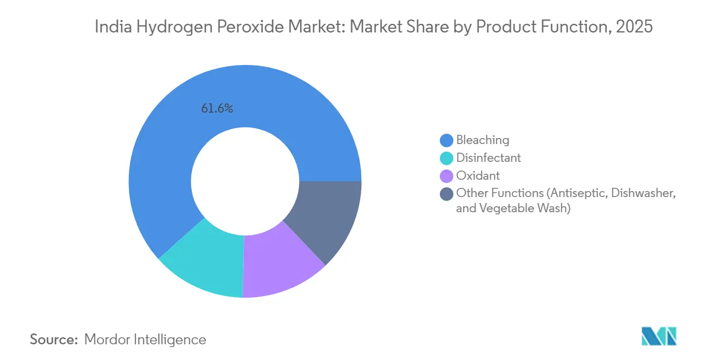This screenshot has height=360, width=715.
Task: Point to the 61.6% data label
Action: tap(217, 109)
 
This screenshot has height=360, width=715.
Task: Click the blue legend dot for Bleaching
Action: tap(446, 141)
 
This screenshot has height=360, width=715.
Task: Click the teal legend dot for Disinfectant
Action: tap(446, 158)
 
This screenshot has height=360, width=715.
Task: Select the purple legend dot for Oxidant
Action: tap(446, 176)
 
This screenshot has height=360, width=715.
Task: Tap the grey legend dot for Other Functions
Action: tap(446, 194)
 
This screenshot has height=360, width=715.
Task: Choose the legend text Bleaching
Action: tap(483, 140)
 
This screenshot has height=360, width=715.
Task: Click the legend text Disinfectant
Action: tap(489, 158)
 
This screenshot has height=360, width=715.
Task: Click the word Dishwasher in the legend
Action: tap(642, 193)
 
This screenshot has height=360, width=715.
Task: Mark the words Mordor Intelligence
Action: tap(145, 340)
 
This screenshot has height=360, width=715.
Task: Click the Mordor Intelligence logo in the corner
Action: tap(659, 336)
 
